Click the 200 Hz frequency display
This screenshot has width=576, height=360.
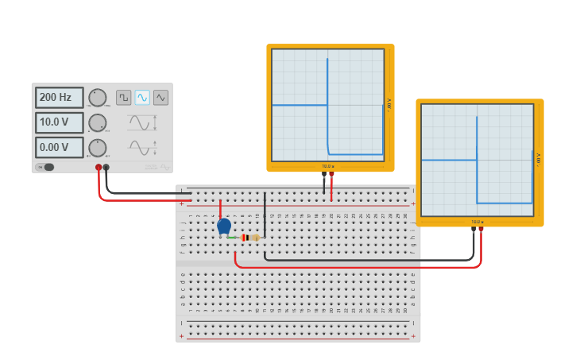pyautogui.click(x=59, y=98)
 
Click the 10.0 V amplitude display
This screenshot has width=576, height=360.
pyautogui.click(x=59, y=123)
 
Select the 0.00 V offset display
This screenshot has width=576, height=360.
pyautogui.click(x=59, y=148)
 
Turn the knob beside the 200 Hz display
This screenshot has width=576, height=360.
pyautogui.click(x=97, y=98)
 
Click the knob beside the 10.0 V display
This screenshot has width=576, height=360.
pyautogui.click(x=97, y=123)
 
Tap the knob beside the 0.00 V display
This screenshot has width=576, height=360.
pyautogui.click(x=97, y=148)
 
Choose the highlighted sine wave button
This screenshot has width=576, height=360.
pyautogui.click(x=142, y=97)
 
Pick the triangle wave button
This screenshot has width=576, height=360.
pyautogui.click(x=160, y=97)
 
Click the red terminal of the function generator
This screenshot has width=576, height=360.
pyautogui.click(x=99, y=167)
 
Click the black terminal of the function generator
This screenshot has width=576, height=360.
pyautogui.click(x=106, y=167)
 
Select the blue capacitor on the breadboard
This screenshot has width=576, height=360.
pyautogui.click(x=224, y=226)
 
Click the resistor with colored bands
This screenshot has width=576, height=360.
pyautogui.click(x=249, y=238)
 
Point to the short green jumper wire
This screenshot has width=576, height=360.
pyautogui.click(x=233, y=238)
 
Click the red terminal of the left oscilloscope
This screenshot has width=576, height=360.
pyautogui.click(x=331, y=173)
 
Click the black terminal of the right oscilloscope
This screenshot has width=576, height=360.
pyautogui.click(x=474, y=229)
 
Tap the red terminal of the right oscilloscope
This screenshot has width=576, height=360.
pyautogui.click(x=481, y=229)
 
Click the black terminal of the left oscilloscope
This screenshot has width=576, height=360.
pyautogui.click(x=324, y=173)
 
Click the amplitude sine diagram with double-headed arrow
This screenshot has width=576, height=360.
pyautogui.click(x=141, y=122)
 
